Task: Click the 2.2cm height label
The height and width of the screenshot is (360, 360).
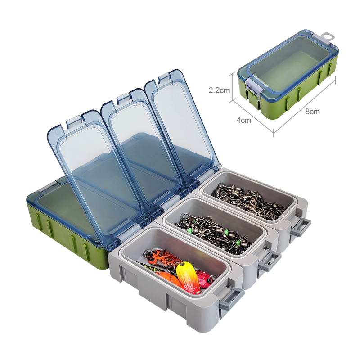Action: point(219,90)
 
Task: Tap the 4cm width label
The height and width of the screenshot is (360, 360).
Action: point(243,120)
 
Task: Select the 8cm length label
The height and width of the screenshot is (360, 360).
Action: point(312,112)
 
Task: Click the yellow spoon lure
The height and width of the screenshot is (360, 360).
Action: point(188,277)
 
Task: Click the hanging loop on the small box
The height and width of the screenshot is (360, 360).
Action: point(328,36)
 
